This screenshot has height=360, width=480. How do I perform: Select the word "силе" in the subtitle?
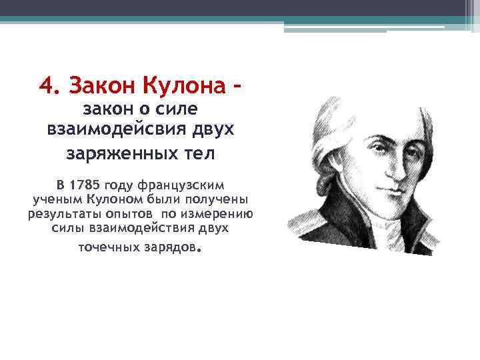[x=181, y=109]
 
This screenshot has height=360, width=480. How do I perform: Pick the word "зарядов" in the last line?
[x=171, y=248]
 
